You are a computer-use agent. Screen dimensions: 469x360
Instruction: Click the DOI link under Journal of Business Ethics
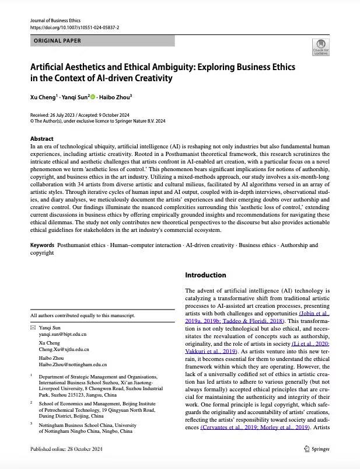pos(74,27)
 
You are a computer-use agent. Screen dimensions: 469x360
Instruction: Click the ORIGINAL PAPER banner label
pos(57,41)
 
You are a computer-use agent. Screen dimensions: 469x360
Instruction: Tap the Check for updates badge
pos(320,47)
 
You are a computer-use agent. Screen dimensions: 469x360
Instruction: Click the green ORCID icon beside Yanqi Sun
pos(92,96)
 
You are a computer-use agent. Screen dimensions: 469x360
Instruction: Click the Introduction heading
pos(205,275)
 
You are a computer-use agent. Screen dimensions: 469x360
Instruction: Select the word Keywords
pos(43,245)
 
